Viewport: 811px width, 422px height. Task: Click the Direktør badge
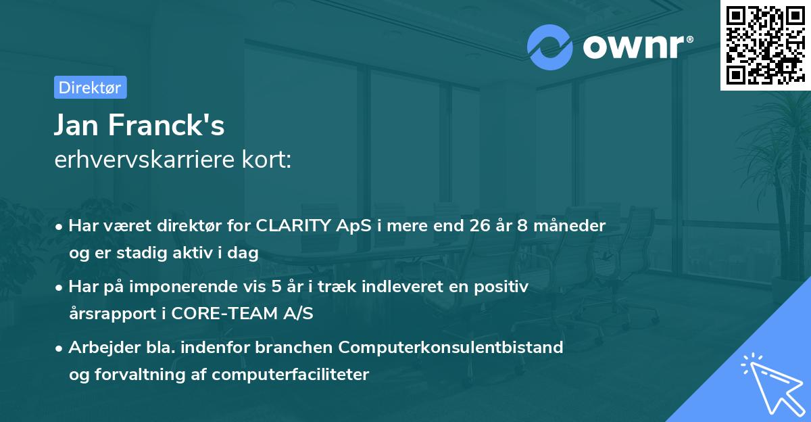coord(90,87)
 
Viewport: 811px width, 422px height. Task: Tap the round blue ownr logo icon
coord(550,47)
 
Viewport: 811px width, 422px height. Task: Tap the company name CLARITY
coord(294,226)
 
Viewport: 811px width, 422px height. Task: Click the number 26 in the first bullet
coord(482,226)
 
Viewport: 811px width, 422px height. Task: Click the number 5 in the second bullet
coord(277,287)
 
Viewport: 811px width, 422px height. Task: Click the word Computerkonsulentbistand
coord(451,348)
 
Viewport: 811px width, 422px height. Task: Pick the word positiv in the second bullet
coord(503,287)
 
